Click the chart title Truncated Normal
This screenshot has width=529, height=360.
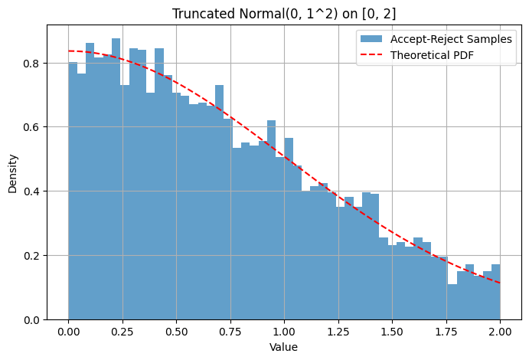[284, 14]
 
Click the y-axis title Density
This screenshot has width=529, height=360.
[13, 173]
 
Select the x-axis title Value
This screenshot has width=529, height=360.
[284, 347]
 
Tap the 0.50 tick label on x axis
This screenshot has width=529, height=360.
[176, 331]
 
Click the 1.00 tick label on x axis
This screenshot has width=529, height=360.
[284, 331]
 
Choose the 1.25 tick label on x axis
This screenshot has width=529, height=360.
[338, 331]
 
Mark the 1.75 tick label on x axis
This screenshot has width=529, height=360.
[446, 331]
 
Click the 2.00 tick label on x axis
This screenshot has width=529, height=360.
[500, 331]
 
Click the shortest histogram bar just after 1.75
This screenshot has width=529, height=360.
[452, 302]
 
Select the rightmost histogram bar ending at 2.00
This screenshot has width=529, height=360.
[495, 292]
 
